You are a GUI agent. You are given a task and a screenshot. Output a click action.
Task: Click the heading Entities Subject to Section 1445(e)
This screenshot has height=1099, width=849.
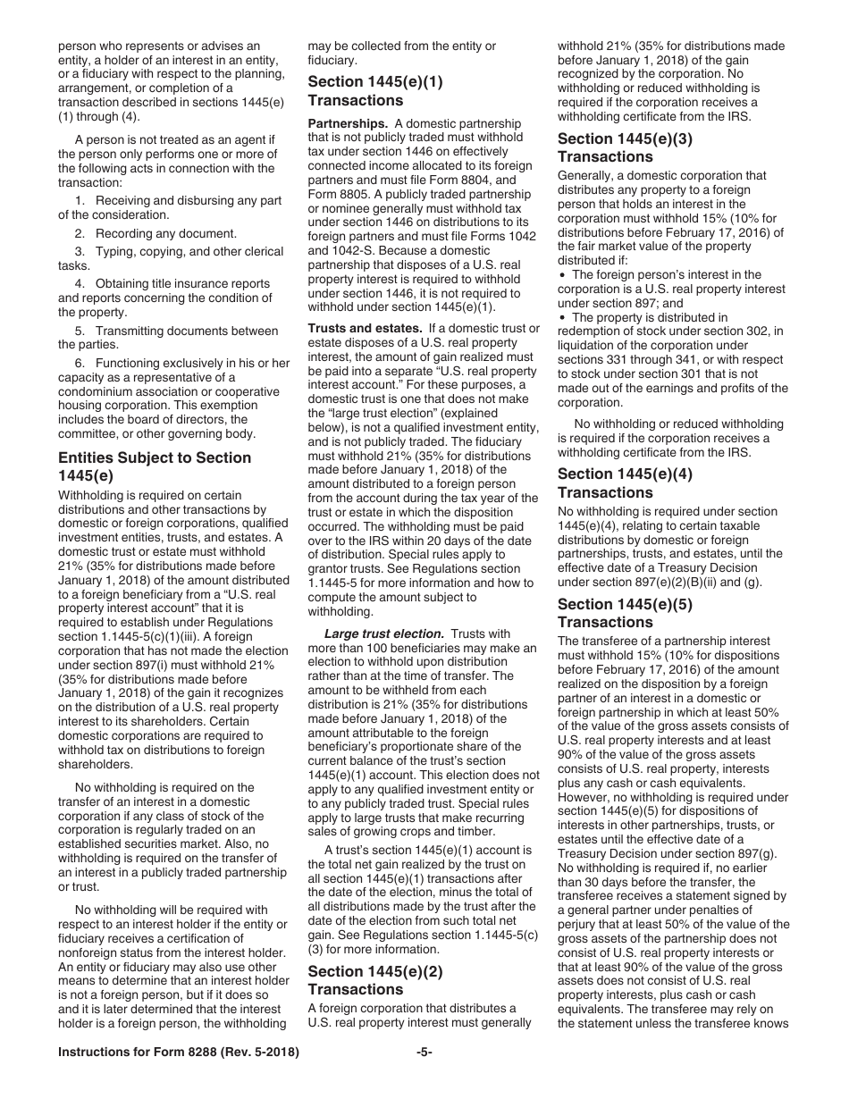154,466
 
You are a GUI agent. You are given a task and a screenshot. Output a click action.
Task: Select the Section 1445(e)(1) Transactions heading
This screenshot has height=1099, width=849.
375,90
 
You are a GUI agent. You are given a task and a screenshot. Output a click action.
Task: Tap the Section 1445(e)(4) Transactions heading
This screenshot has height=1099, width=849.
625,482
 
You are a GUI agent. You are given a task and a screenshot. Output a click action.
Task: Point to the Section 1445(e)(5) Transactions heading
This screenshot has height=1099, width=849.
625,612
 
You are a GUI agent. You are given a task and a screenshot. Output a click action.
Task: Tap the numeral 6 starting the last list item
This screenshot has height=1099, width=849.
79,363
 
